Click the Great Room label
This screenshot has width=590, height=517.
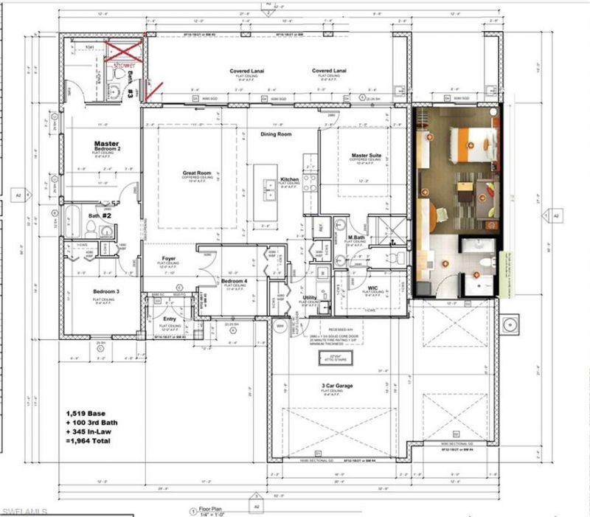pos(197,173)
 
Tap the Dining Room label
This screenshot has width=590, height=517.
pos(276,134)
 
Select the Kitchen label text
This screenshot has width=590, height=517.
pos(289,179)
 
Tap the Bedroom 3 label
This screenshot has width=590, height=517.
pos(107,291)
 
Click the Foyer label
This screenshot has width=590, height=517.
pos(169,258)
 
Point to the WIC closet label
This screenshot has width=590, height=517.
pos(374,288)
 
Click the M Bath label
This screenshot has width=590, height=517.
pos(358,237)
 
